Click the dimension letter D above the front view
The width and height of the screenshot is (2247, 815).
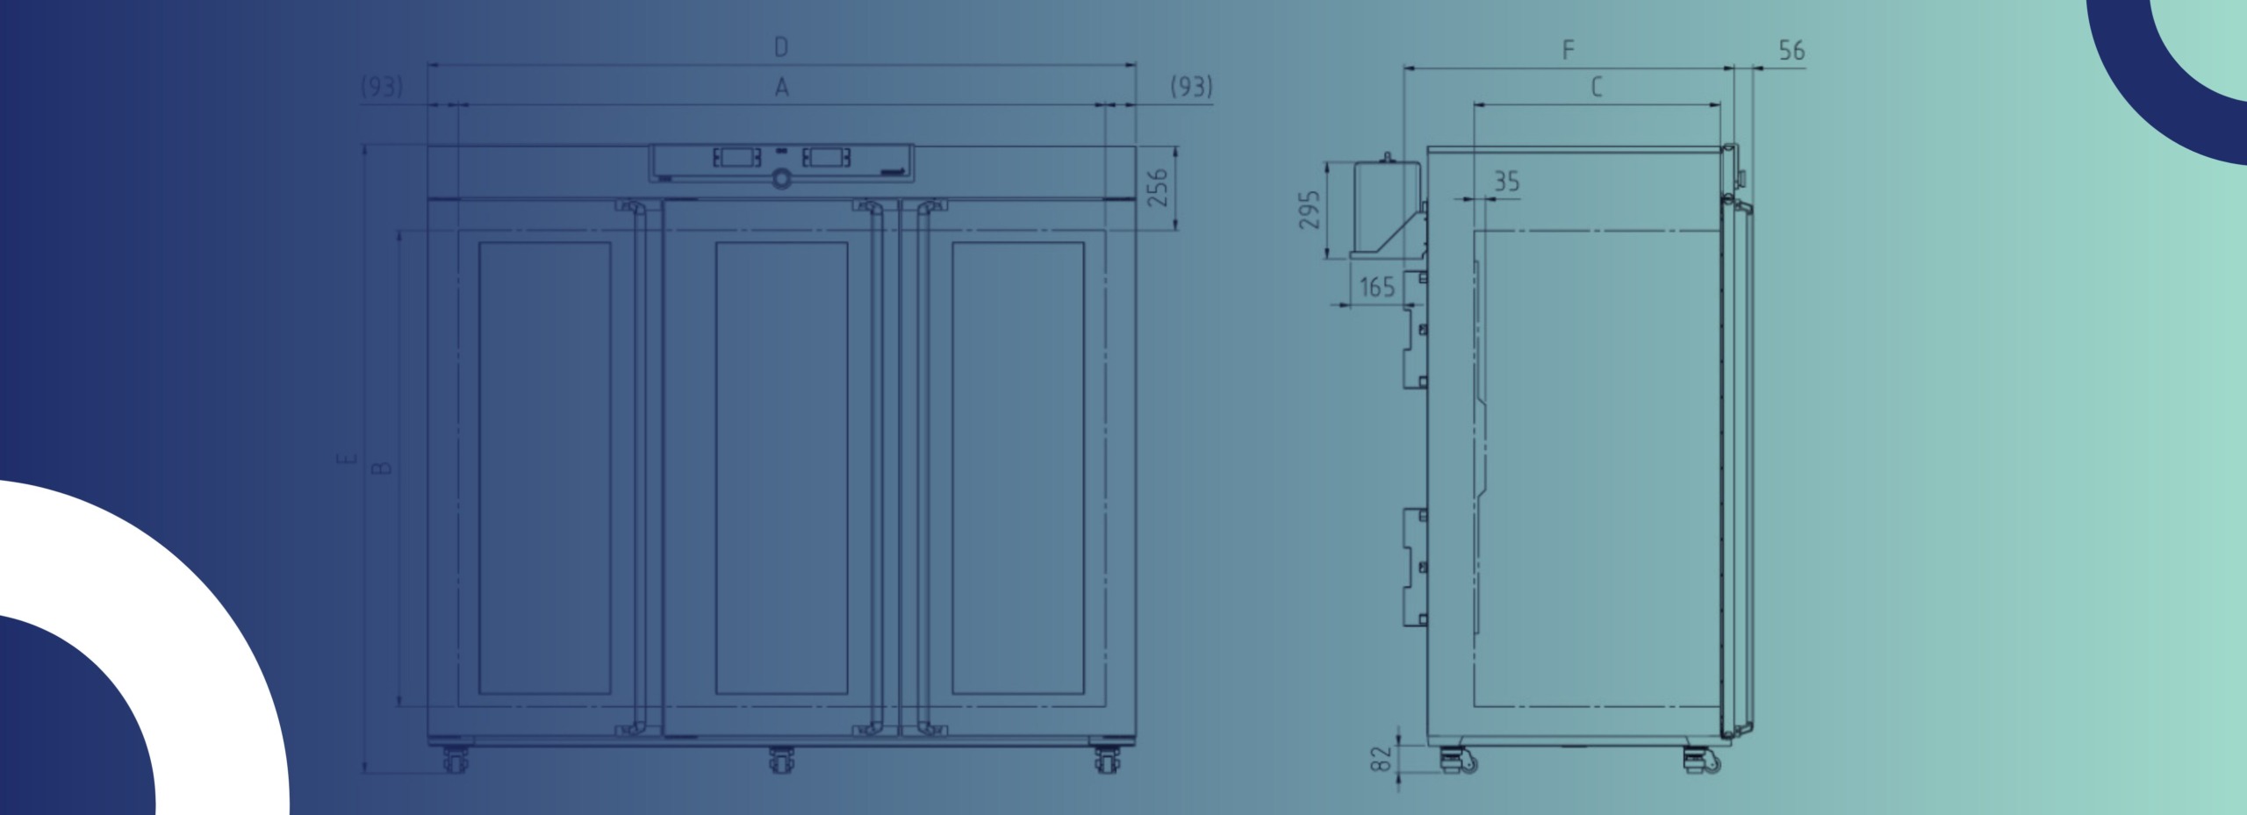click(781, 47)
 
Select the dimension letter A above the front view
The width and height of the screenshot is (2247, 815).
click(781, 88)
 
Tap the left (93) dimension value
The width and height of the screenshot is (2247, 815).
click(382, 87)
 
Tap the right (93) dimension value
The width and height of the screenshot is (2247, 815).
click(1192, 87)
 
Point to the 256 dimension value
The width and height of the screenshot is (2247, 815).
click(1159, 188)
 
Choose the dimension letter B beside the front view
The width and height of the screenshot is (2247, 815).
click(382, 468)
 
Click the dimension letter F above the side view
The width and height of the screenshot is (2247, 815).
click(1569, 50)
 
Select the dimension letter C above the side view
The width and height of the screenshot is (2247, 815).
click(1597, 88)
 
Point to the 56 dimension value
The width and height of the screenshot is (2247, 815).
click(1791, 51)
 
